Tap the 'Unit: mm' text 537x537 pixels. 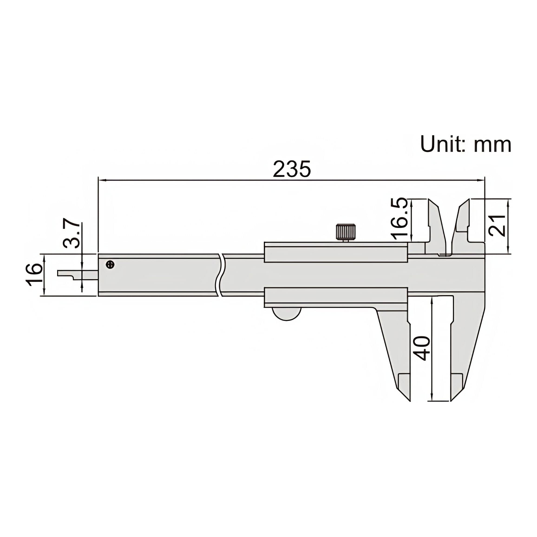coord(465,144)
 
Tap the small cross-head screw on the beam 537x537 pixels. coord(110,264)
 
